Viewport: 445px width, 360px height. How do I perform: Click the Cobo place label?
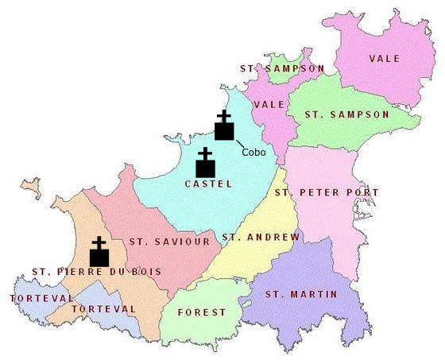point(253,152)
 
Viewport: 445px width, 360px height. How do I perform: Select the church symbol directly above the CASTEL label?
point(206,163)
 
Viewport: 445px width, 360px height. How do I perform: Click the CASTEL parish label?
point(208,184)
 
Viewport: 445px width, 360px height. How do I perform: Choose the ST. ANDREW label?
point(261,237)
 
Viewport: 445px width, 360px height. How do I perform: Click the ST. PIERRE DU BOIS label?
point(97,272)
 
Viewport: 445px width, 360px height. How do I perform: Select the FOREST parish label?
point(203,312)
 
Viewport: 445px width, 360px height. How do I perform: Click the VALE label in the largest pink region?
point(385,58)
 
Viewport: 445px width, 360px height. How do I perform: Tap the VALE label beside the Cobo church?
point(269,105)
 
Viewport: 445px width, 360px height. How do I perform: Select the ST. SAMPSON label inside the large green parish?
point(347,114)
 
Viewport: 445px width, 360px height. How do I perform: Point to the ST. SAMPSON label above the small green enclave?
point(282,69)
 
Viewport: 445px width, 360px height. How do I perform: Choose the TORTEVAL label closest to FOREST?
point(103,308)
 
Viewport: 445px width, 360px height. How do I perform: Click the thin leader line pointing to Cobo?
point(236,143)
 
